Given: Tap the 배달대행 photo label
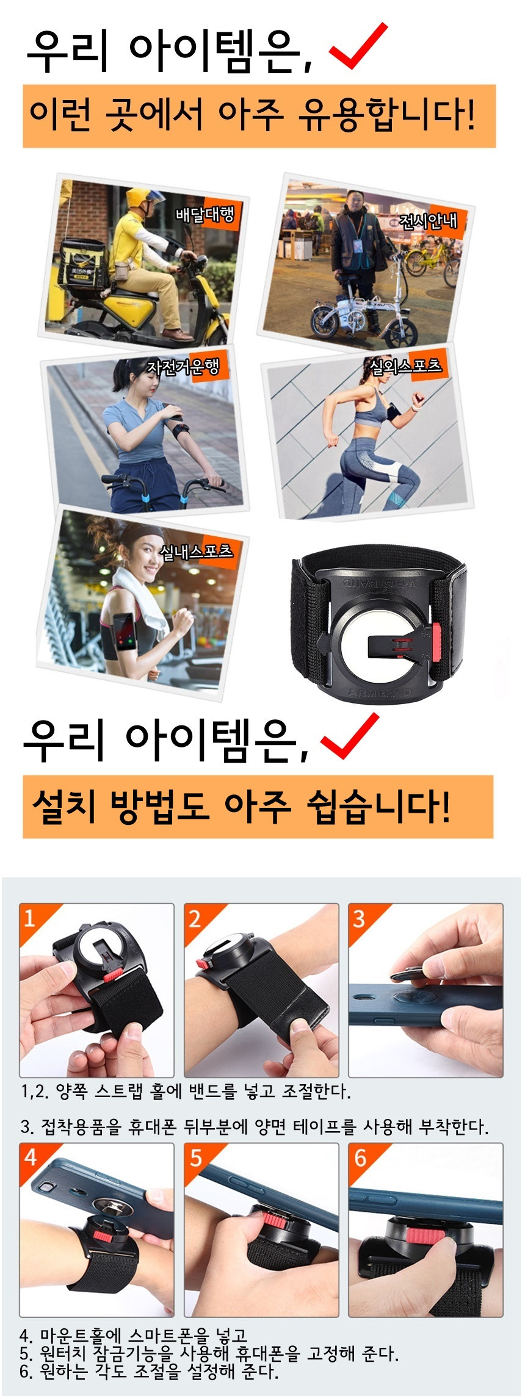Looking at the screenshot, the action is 204,214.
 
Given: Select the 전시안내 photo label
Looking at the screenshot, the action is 428,220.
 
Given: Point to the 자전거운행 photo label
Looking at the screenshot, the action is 183,367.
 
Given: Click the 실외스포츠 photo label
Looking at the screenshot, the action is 405,365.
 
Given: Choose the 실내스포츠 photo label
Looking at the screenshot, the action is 196,551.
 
